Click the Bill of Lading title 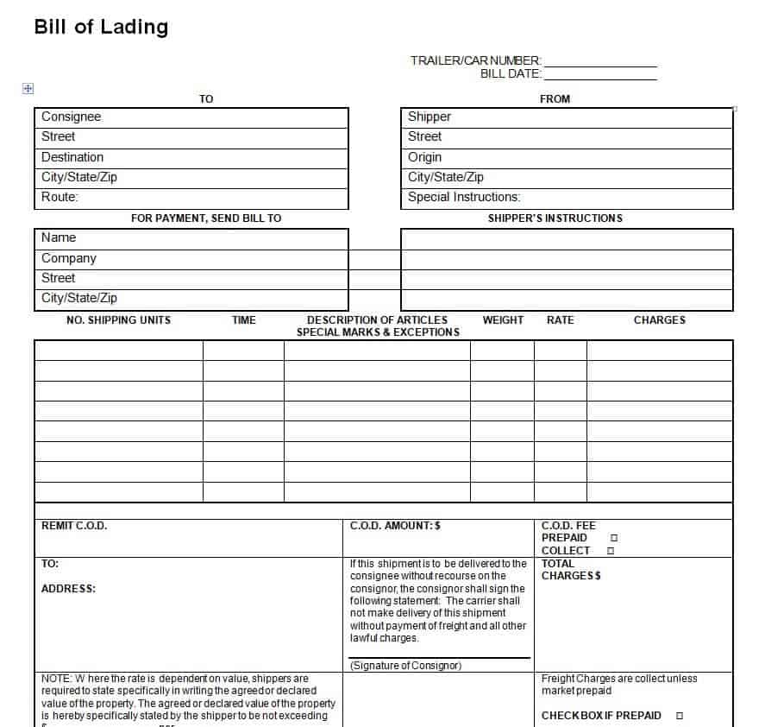point(101,27)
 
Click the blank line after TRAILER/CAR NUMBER point(600,61)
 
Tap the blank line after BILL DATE point(600,75)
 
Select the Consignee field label point(71,117)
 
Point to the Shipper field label point(430,117)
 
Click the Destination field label point(72,157)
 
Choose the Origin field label point(424,157)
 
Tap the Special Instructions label point(464,197)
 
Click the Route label point(60,197)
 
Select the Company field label point(69,258)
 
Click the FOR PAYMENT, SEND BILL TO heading point(206,218)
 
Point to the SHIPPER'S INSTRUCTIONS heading point(555,218)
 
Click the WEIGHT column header point(503,320)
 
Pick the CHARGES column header point(659,320)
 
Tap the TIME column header point(244,320)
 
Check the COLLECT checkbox point(611,551)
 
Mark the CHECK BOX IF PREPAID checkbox point(680,716)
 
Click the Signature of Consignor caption point(405,666)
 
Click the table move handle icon point(28,88)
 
